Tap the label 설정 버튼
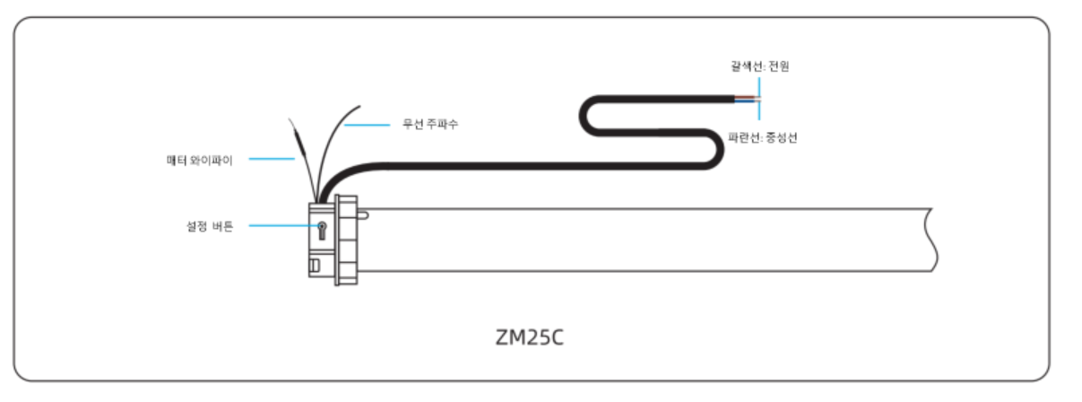coord(203,227)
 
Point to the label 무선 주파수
coord(431,124)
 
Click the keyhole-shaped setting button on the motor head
coord(320,230)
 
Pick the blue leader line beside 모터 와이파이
coord(272,160)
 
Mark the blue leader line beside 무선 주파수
coord(368,124)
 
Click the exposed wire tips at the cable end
coord(754,97)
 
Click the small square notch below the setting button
coord(315,266)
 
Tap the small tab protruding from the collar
coord(363,214)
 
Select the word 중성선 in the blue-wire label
coord(783,141)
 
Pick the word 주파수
coord(445,124)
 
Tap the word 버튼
coord(221,227)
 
